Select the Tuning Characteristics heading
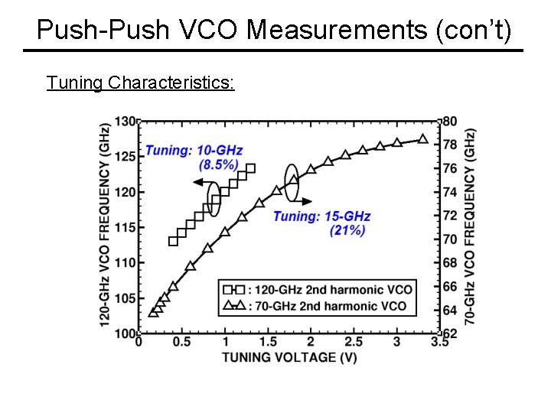coord(140,82)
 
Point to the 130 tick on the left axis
coord(126,121)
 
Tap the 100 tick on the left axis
coord(126,333)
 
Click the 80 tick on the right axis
coord(450,121)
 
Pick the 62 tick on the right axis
coord(450,333)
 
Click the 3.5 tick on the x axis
coord(439,342)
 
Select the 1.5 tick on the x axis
coord(267,342)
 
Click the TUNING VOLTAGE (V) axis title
coord(289,356)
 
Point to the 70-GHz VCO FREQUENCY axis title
coord(469,226)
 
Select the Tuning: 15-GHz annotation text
coord(321,216)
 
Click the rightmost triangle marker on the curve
coord(422,139)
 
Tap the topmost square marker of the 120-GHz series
coord(250,168)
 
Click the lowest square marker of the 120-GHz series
coord(173,241)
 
